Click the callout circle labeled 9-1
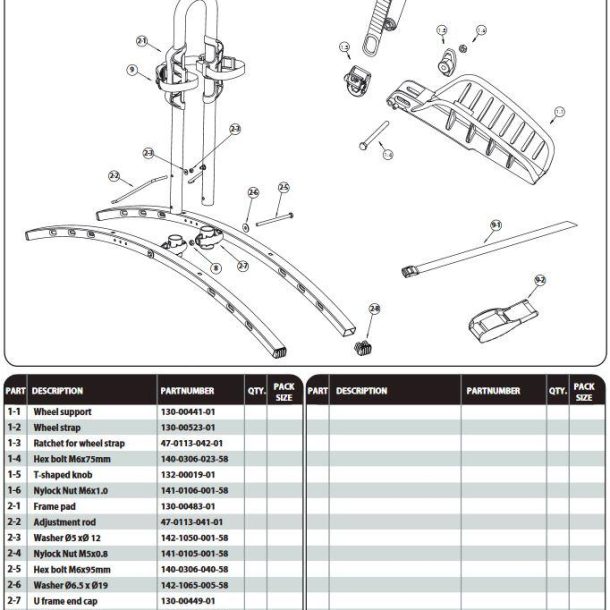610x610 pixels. [494, 226]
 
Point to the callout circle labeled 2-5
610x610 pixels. [283, 187]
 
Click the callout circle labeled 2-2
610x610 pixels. [114, 177]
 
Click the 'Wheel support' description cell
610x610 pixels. [62, 412]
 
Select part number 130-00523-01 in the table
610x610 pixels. [188, 427]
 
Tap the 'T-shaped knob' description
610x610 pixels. [64, 474]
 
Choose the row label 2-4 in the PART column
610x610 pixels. [15, 553]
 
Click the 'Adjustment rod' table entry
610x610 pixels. [65, 522]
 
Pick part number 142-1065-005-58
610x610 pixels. [194, 585]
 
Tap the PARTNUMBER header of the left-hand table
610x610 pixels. [187, 391]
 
